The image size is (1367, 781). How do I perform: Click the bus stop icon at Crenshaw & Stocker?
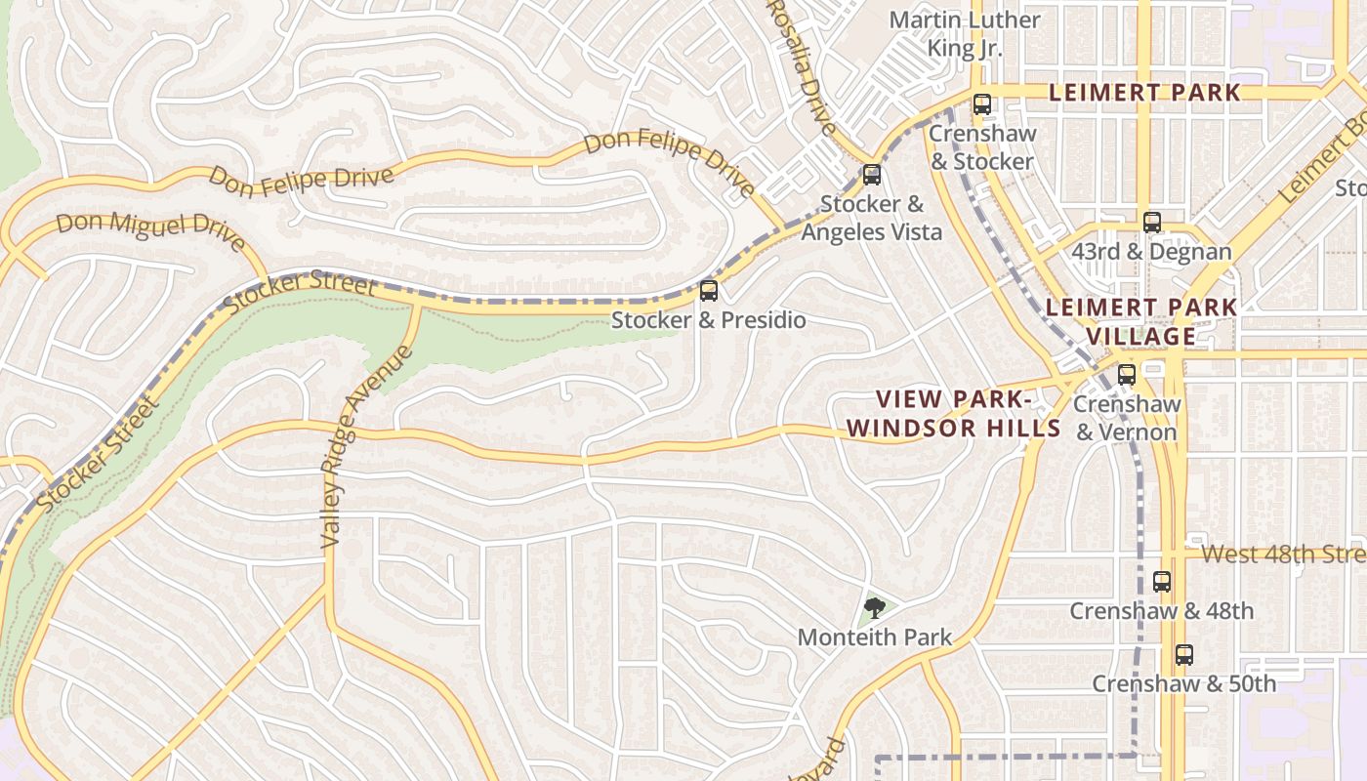click(x=982, y=104)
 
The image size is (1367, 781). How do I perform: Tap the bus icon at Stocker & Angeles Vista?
click(x=872, y=176)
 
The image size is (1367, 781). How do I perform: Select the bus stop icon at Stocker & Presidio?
click(x=709, y=291)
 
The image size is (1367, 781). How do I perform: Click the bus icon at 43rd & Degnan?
click(x=1152, y=223)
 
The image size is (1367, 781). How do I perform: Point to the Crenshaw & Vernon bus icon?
click(x=1127, y=375)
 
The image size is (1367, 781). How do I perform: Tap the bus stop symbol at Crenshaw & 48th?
click(x=1162, y=582)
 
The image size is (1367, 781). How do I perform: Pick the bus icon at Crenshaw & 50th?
click(x=1184, y=655)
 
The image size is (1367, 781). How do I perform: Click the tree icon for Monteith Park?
click(x=875, y=608)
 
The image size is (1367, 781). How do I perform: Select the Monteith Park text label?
click(x=875, y=637)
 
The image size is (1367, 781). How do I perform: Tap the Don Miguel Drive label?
click(x=149, y=230)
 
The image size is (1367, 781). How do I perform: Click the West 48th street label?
click(x=1282, y=555)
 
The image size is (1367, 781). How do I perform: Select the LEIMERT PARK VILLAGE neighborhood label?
click(x=1141, y=321)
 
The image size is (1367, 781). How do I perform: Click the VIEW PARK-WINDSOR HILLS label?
click(x=953, y=413)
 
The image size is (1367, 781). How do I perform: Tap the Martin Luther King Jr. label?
click(x=965, y=33)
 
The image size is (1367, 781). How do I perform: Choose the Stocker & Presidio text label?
click(x=709, y=320)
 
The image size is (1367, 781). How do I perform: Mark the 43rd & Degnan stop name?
click(x=1152, y=252)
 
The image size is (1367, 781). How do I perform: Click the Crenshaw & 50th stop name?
click(x=1183, y=683)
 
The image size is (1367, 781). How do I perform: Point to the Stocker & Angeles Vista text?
click(x=872, y=218)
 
